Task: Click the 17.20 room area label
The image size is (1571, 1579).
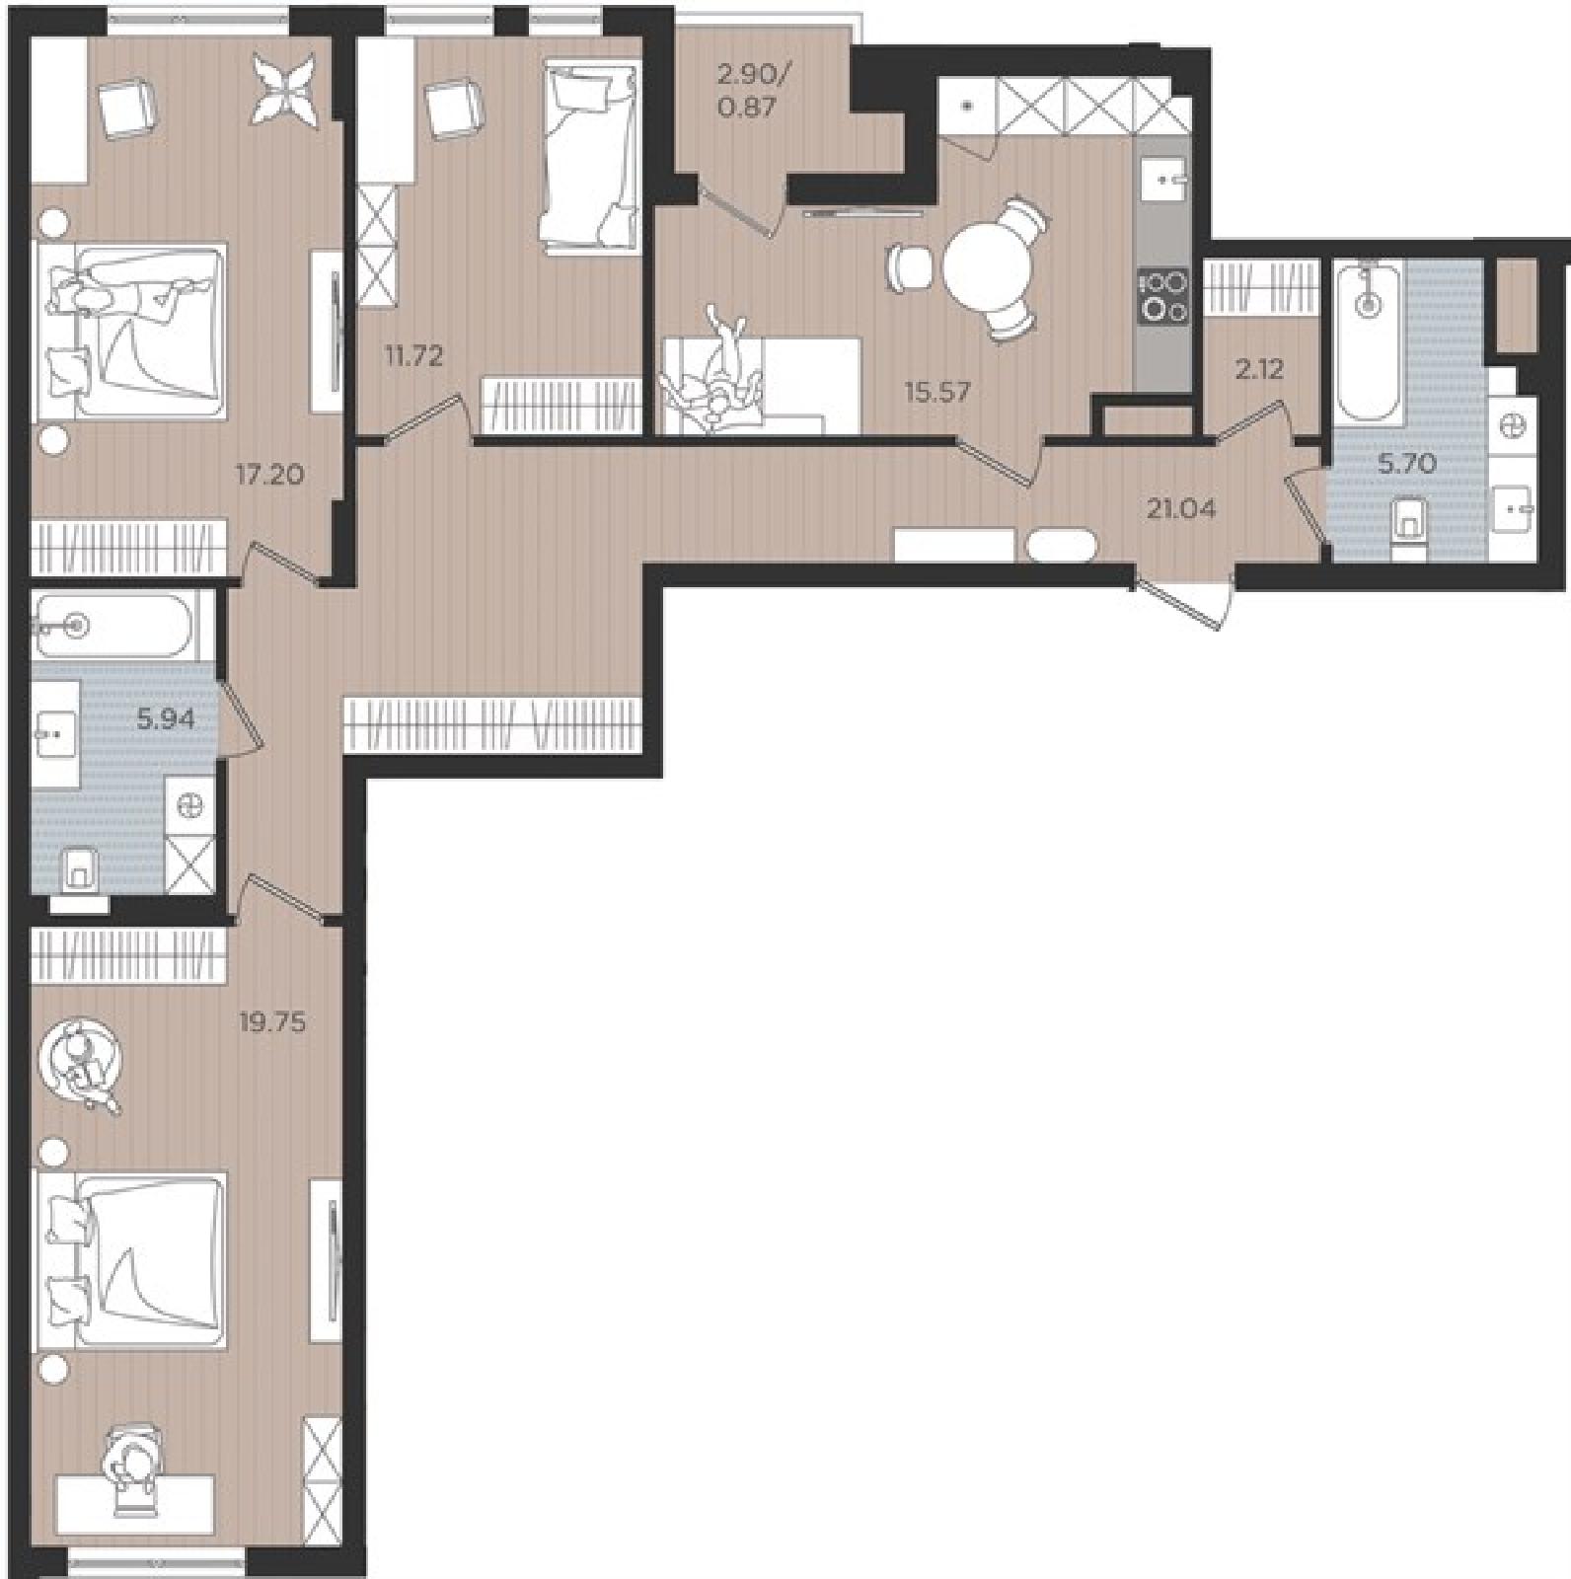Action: pyautogui.click(x=268, y=476)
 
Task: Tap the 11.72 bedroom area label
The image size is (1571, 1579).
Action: pyautogui.click(x=413, y=355)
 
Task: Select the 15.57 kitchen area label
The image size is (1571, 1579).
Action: pyautogui.click(x=937, y=392)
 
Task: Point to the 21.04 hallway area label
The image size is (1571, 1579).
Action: pyautogui.click(x=1180, y=509)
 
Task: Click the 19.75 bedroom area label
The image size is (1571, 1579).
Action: pyautogui.click(x=272, y=1022)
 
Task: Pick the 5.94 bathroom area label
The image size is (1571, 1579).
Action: pyautogui.click(x=166, y=718)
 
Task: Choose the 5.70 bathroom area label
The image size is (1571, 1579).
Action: pyautogui.click(x=1407, y=463)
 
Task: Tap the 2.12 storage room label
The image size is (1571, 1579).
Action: pyautogui.click(x=1259, y=369)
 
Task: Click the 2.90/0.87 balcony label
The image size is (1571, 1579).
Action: pyautogui.click(x=747, y=90)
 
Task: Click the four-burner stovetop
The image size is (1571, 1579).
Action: pyautogui.click(x=1164, y=295)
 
